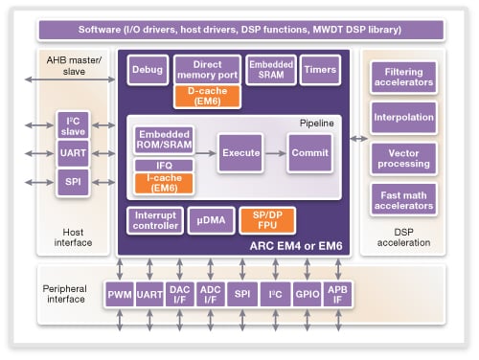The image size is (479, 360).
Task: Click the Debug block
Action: click(x=147, y=71)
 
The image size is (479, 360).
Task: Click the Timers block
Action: click(x=318, y=71)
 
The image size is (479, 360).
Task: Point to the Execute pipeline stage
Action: click(x=240, y=152)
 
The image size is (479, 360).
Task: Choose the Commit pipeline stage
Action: click(x=311, y=152)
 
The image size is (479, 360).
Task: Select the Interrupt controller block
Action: click(x=154, y=220)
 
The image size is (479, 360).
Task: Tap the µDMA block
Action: click(x=210, y=220)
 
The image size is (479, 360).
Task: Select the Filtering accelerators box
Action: click(x=403, y=79)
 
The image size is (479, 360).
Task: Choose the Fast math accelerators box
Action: click(x=403, y=199)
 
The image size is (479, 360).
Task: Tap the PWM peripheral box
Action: click(x=119, y=295)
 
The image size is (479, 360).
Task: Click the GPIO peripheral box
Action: click(x=308, y=295)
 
